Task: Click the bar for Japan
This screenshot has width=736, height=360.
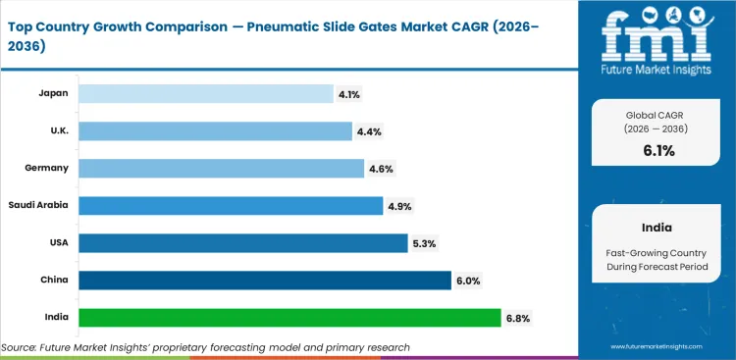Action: tap(206, 93)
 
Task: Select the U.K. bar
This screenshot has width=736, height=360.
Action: tap(215, 130)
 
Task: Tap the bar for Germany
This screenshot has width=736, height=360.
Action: tap(221, 168)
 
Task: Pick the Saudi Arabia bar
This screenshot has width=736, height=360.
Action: tap(231, 205)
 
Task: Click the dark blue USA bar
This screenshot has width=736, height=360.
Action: tap(242, 242)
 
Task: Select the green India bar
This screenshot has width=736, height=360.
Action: tap(289, 317)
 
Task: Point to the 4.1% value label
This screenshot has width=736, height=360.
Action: tap(348, 94)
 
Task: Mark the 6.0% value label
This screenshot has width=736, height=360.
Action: tap(466, 281)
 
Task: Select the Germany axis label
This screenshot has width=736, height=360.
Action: tap(46, 168)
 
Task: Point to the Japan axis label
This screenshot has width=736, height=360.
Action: tap(52, 93)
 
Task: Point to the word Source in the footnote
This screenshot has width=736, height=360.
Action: tap(21, 347)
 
